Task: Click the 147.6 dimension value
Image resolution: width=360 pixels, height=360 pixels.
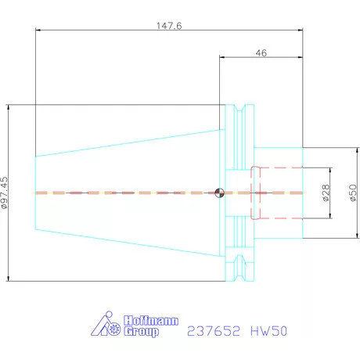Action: coord(169,26)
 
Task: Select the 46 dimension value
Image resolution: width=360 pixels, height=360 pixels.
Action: coord(261,53)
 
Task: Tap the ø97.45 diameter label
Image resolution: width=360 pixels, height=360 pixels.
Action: coord(5,193)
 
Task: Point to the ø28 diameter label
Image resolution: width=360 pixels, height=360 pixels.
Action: coord(326,193)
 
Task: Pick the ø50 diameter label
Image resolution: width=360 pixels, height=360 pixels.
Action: coord(353,193)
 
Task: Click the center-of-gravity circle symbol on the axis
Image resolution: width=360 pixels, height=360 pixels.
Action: coord(219,193)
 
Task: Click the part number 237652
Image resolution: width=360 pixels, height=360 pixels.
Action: coord(214,331)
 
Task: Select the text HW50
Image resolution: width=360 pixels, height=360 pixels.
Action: coord(268,331)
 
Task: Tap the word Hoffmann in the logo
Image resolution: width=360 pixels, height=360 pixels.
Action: coord(151,321)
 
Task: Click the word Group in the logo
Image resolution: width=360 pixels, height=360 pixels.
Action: coord(141,332)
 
